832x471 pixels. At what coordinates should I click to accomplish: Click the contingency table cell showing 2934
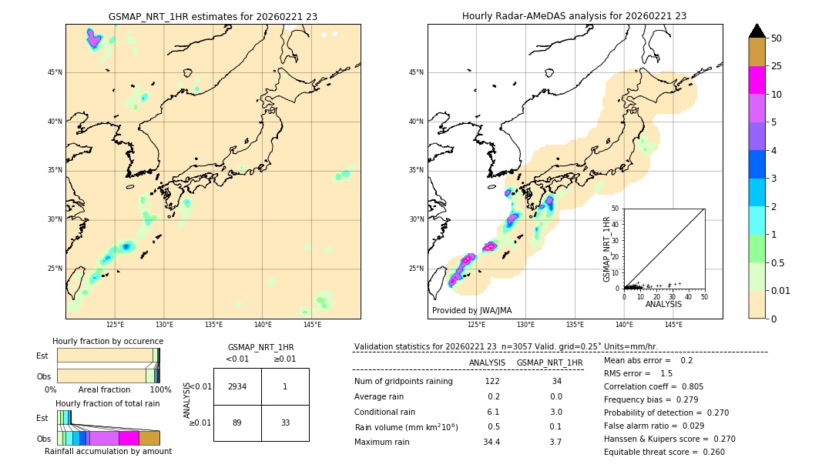click(x=237, y=386)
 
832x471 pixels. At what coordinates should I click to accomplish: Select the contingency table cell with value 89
click(x=237, y=423)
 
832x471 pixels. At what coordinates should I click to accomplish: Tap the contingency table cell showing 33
click(x=285, y=423)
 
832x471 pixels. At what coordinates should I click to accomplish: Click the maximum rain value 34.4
click(x=491, y=442)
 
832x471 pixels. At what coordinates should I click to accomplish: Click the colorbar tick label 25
click(x=777, y=66)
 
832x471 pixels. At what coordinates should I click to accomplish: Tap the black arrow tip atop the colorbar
click(x=757, y=30)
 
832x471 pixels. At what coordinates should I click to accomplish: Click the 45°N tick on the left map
click(x=55, y=72)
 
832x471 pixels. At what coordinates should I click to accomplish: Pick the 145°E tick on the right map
click(x=673, y=325)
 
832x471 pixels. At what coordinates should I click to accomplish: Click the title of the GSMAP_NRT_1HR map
click(x=213, y=16)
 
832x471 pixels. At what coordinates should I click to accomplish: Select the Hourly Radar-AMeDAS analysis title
click(x=575, y=16)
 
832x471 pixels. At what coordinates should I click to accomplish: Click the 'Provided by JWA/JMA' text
click(x=471, y=310)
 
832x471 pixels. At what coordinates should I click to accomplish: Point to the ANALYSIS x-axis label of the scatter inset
click(x=663, y=304)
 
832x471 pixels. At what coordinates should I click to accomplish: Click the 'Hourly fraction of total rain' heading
click(x=108, y=403)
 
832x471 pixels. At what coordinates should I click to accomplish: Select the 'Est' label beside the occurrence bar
click(x=42, y=356)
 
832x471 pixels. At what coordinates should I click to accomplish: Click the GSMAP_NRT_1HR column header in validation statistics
click(x=549, y=362)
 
